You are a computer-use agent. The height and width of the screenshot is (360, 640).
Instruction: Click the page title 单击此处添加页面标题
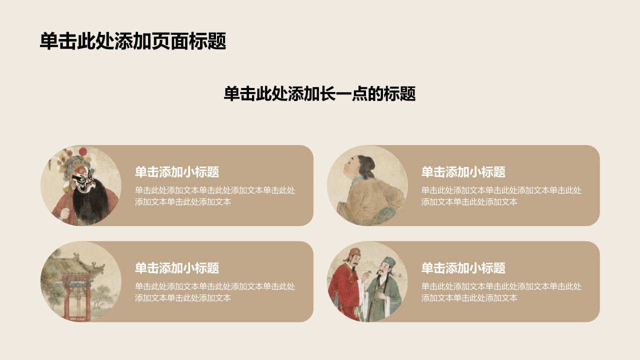coord(133,41)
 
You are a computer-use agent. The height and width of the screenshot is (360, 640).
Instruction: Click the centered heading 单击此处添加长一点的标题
coord(319,93)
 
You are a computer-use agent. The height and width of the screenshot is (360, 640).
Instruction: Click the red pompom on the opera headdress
coord(82,152)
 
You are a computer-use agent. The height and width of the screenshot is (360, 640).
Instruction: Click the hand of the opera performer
coord(65,213)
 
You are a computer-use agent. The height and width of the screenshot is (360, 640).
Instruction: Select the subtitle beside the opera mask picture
coord(177,172)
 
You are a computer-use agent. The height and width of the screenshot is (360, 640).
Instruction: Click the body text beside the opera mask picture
coord(215,196)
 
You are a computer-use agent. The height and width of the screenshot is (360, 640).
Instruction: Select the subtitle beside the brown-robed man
coord(463,172)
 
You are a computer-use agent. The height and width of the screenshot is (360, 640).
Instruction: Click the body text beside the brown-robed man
coord(501,196)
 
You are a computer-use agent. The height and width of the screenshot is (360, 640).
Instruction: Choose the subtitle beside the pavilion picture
coord(177,268)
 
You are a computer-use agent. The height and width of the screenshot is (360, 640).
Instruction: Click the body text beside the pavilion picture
coord(215,292)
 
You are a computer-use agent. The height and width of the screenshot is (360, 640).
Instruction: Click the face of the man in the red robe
coord(353,260)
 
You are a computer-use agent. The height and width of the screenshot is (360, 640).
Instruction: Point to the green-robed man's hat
coord(389,261)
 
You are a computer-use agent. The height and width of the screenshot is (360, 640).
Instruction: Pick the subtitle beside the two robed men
coord(463,268)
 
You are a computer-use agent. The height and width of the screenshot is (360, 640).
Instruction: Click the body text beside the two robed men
coord(501,292)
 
